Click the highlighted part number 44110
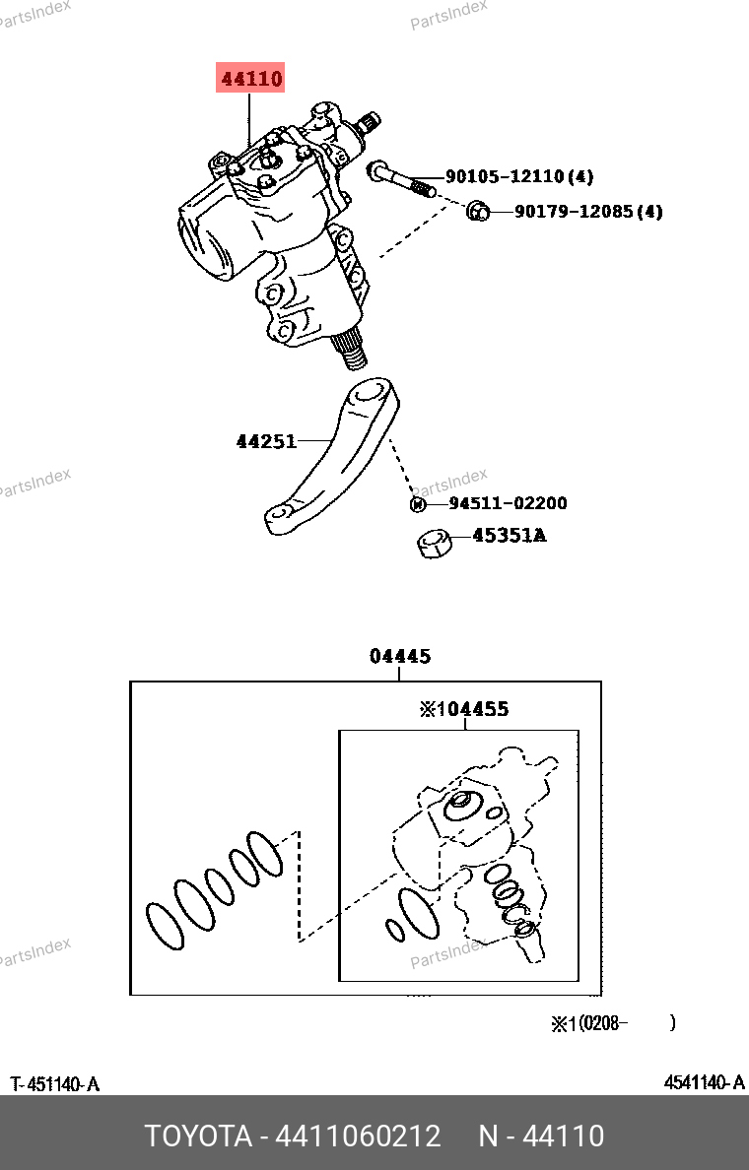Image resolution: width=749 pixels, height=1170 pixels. point(250,79)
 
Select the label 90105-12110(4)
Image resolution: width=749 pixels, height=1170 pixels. point(519,177)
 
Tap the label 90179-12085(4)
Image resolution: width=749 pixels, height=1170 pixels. point(588,211)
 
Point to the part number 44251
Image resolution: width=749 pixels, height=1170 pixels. point(266,441)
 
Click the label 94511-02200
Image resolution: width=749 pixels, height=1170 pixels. point(508,503)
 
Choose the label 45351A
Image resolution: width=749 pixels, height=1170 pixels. point(509,536)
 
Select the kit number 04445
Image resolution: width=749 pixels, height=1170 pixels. point(400,656)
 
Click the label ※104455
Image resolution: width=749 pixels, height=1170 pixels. point(464,709)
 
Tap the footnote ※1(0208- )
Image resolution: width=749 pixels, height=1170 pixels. point(612,1023)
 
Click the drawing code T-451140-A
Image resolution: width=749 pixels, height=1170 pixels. point(55,1084)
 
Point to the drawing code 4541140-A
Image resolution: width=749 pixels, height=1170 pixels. point(704,1083)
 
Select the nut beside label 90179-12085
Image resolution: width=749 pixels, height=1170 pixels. point(476,209)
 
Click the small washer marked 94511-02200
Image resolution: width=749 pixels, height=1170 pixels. point(417,504)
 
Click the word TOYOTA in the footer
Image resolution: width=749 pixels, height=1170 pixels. point(198,1137)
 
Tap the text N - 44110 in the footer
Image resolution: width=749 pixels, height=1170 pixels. point(541,1137)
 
